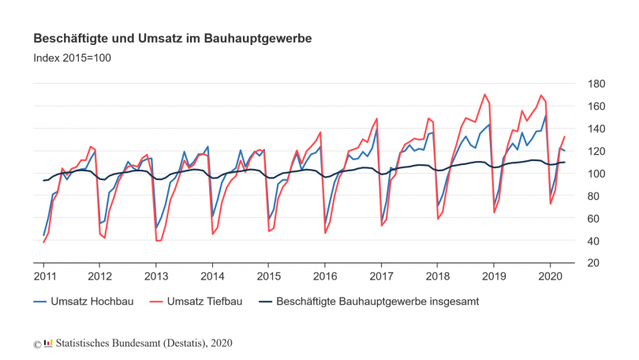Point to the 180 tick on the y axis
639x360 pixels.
click(x=596, y=84)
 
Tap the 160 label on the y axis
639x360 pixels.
click(x=596, y=106)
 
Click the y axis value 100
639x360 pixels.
click(x=596, y=174)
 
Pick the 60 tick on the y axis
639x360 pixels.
click(x=596, y=219)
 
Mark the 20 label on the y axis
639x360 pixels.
click(x=596, y=263)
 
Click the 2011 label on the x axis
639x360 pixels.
click(x=43, y=276)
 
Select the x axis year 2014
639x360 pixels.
click(x=212, y=276)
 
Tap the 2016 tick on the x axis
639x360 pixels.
click(x=325, y=276)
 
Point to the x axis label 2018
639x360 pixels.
click(x=438, y=276)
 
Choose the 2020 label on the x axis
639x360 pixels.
click(x=550, y=276)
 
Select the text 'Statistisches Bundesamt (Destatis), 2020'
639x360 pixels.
click(x=144, y=343)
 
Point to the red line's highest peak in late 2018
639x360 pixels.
click(x=484, y=95)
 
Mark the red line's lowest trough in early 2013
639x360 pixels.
click(x=159, y=241)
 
